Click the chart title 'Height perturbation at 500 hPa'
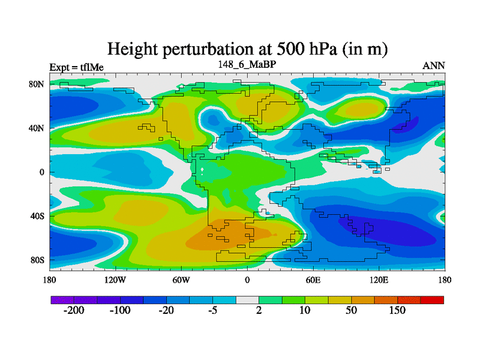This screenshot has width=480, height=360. tap(247, 49)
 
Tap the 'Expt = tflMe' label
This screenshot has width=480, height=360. tap(76, 67)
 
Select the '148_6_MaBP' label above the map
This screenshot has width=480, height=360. tap(247, 63)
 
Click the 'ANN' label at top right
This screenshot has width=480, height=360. tap(434, 65)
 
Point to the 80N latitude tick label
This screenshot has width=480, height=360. tap(37, 84)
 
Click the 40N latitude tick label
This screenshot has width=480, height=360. tap(37, 128)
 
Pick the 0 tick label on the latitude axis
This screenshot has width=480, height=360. tap(43, 172)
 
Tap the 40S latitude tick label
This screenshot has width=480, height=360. tap(37, 216)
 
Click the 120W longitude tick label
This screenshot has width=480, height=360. tap(115, 280)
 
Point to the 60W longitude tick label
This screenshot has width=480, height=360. tap(181, 280)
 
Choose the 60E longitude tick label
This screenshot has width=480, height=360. tap(313, 280)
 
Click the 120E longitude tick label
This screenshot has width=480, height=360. tap(379, 280)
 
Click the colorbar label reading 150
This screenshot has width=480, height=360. tap(397, 310)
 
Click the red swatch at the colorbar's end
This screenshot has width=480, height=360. tap(432, 299)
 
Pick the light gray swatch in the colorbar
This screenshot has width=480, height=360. tap(247, 299)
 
